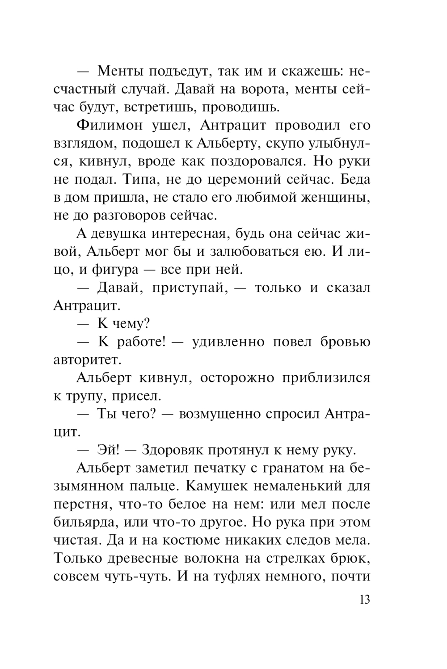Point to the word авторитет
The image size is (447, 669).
coord(86,360)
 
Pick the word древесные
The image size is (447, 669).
coord(140,559)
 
